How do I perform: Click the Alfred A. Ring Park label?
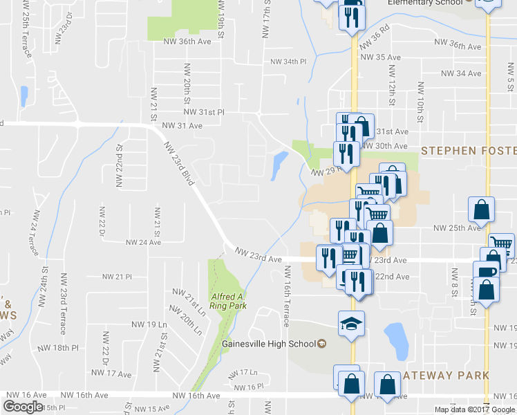[x=228, y=301]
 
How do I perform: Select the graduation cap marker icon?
[x=351, y=323]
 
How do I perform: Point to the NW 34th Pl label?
[x=288, y=62]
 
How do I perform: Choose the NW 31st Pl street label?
[x=204, y=111]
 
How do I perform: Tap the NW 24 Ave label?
[x=143, y=243]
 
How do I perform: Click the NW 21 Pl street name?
[x=117, y=277]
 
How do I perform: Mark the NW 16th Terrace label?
[x=285, y=303]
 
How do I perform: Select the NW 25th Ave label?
[x=456, y=228]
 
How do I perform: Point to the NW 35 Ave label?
[x=380, y=57]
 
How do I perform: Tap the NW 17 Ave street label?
[x=115, y=374]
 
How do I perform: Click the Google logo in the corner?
[x=23, y=407]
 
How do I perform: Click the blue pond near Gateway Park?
[x=396, y=338]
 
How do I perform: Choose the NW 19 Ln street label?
[x=149, y=324]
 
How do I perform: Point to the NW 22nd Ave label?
[x=392, y=277]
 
